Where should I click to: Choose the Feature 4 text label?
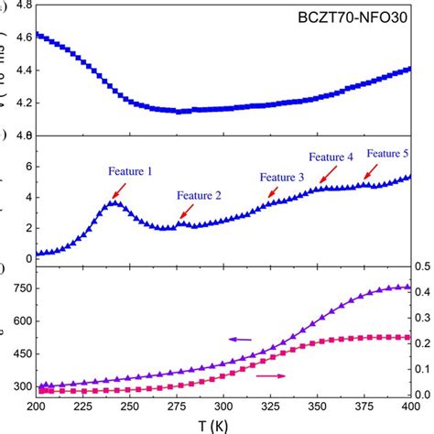(x=331, y=157)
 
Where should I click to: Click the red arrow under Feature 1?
(x=119, y=190)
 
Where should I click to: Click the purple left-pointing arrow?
(x=241, y=340)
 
